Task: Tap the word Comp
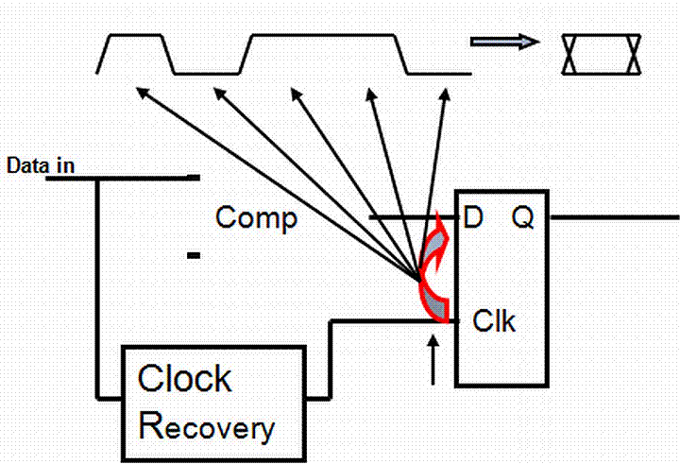click(x=256, y=217)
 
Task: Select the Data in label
click(x=41, y=165)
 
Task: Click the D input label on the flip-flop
click(x=474, y=219)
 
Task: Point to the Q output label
click(x=523, y=219)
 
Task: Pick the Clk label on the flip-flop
click(x=493, y=321)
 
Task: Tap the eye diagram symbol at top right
click(x=602, y=54)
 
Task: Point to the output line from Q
click(x=614, y=216)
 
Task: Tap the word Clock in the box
click(x=184, y=379)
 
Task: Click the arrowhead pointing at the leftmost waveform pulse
click(x=142, y=92)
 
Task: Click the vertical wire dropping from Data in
click(x=97, y=284)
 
